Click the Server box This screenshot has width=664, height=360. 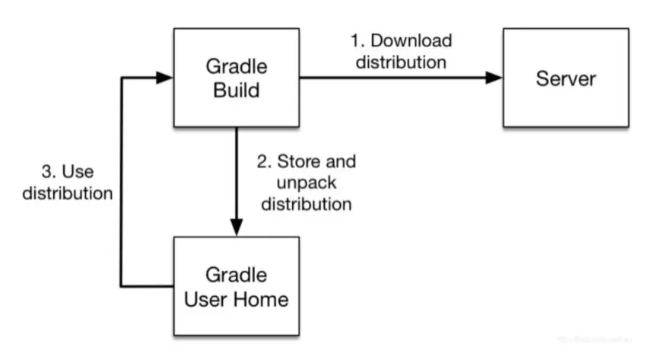566,78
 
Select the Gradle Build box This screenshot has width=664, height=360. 237,78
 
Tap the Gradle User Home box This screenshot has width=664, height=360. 237,286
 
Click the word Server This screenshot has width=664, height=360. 566,79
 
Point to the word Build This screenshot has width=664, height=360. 237,91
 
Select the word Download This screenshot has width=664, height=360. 411,40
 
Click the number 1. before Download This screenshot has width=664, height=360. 357,40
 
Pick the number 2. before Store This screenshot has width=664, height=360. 264,161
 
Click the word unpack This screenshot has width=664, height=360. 307,183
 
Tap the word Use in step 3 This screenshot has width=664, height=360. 78,172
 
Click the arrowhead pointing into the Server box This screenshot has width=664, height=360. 494,78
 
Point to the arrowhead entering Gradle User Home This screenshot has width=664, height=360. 237,228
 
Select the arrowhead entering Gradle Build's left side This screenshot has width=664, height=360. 165,78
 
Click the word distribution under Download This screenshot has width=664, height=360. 401,62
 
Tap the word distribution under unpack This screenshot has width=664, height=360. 307,204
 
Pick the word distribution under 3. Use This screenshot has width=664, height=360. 68,193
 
